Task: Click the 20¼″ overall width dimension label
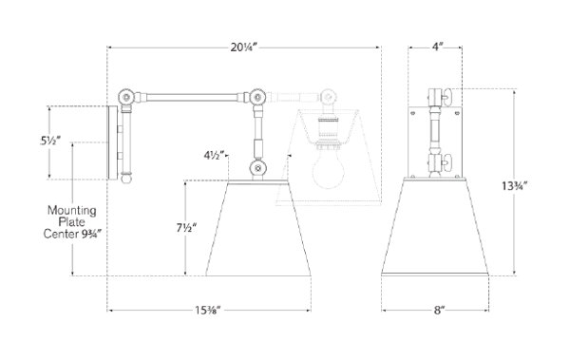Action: pyautogui.click(x=243, y=47)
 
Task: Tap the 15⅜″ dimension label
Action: pyautogui.click(x=208, y=311)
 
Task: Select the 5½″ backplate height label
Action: pyautogui.click(x=50, y=141)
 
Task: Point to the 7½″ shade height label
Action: pyautogui.click(x=186, y=228)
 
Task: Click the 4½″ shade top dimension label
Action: pyautogui.click(x=214, y=156)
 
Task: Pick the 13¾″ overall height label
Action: pyautogui.click(x=514, y=186)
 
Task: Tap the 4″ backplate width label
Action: pyautogui.click(x=438, y=47)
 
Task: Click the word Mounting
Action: pyautogui.click(x=72, y=211)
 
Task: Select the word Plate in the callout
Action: pyautogui.click(x=72, y=222)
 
